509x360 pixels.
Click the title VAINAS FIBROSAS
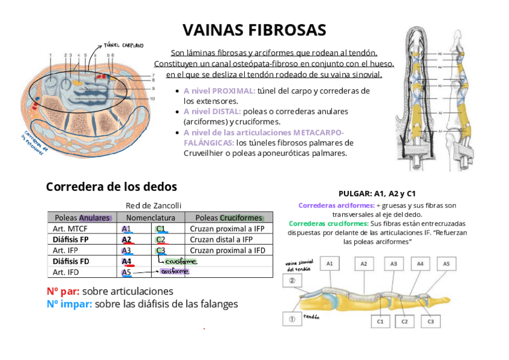pyautogui.click(x=254, y=30)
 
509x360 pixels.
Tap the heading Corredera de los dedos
pyautogui.click(x=112, y=187)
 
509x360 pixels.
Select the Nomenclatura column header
pyautogui.click(x=151, y=218)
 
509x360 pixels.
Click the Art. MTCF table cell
pyautogui.click(x=70, y=229)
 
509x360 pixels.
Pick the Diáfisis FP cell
pyautogui.click(x=71, y=239)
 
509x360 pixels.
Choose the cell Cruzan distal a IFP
pyautogui.click(x=221, y=239)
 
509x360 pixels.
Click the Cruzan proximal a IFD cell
pyautogui.click(x=227, y=250)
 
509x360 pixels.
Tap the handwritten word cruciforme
pyautogui.click(x=181, y=261)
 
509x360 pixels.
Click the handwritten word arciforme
pyautogui.click(x=175, y=271)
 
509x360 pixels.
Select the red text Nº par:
pyautogui.click(x=62, y=292)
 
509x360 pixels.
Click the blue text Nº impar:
pyautogui.click(x=69, y=304)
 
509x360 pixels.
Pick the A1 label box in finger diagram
pyautogui.click(x=330, y=263)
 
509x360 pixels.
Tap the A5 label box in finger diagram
pyautogui.click(x=446, y=263)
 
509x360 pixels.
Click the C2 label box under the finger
pyautogui.click(x=405, y=322)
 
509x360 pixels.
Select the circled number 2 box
pyautogui.click(x=292, y=280)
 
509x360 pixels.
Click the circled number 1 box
pyautogui.click(x=292, y=319)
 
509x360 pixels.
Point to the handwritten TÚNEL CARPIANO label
pyautogui.click(x=124, y=45)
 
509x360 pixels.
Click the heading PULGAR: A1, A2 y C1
pyautogui.click(x=377, y=194)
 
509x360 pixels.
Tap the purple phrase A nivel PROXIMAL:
pyautogui.click(x=219, y=91)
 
